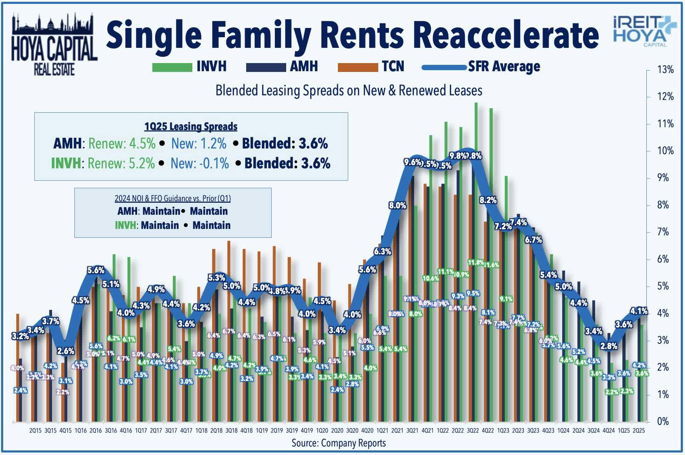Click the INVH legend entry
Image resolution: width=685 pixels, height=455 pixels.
point(189,67)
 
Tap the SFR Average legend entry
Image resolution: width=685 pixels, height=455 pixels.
point(482,67)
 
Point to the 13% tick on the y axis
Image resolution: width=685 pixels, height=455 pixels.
point(665,70)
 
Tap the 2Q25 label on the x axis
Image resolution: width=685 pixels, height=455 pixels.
point(639,431)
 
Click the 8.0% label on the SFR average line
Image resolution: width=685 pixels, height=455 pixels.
point(397,206)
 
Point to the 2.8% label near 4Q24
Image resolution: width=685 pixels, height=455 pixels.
point(609,346)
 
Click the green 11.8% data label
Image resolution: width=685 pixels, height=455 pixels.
point(475,263)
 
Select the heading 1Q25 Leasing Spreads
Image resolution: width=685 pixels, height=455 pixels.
point(191,127)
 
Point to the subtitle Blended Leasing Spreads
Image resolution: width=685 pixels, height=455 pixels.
point(349,90)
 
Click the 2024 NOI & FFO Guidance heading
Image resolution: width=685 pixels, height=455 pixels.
point(172,198)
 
